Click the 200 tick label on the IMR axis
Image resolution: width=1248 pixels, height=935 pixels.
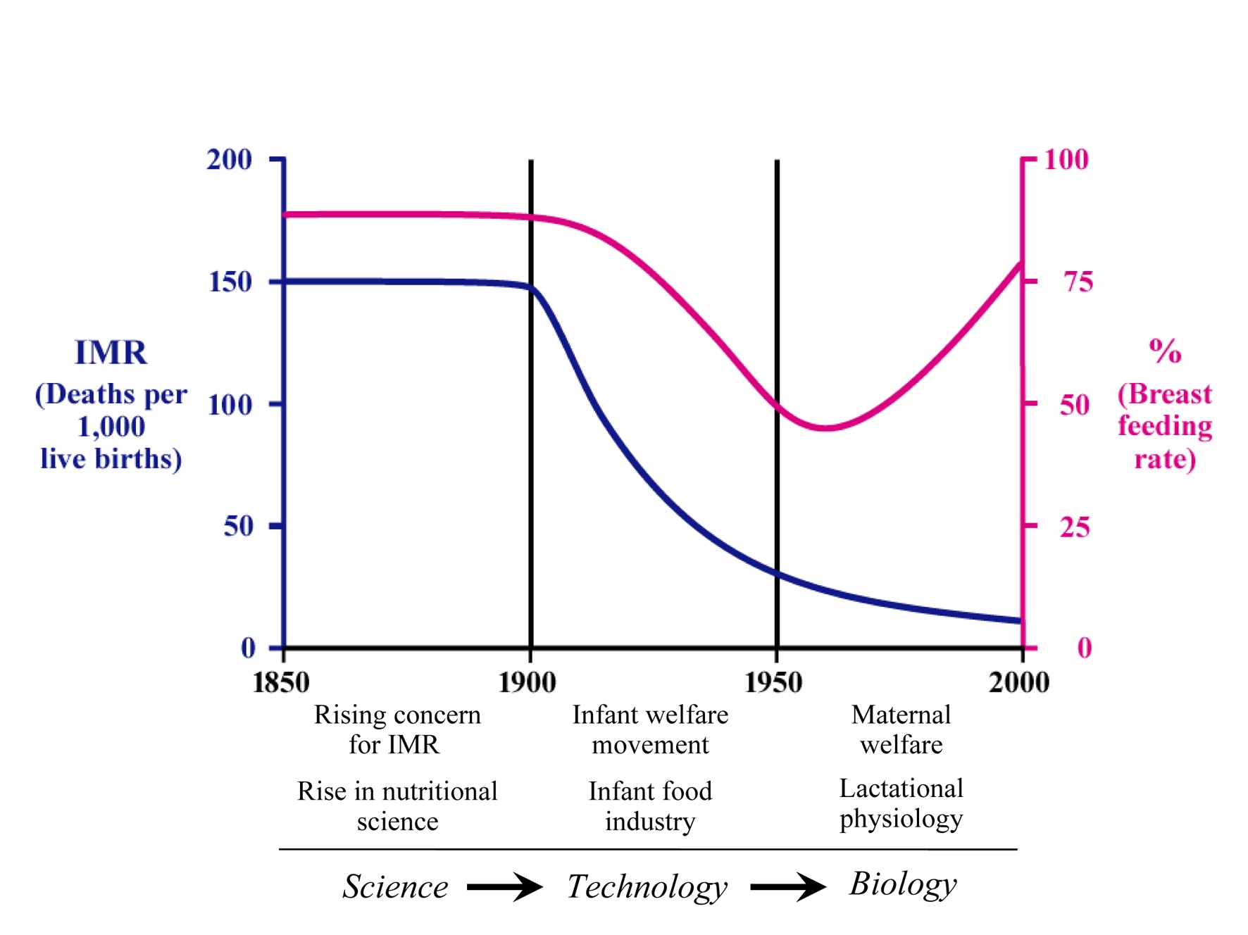point(229,160)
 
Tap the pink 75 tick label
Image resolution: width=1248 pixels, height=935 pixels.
point(1078,282)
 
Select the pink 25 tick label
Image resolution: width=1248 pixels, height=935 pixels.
point(1075,527)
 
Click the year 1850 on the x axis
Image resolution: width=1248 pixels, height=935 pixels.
point(281,682)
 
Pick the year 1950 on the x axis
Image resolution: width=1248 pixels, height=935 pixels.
point(773,682)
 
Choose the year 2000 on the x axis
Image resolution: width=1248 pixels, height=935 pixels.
point(1018,682)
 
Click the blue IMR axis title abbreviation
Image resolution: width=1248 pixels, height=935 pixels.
point(111,353)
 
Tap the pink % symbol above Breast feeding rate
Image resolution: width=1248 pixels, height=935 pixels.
point(1165,350)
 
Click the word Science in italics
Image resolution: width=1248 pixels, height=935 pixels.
point(395,886)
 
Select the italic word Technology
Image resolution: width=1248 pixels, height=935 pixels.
point(647,886)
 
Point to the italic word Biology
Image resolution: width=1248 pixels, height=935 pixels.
point(903,884)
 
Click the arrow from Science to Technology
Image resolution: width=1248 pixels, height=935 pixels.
point(504,886)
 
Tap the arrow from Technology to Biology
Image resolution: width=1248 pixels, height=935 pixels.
point(787,886)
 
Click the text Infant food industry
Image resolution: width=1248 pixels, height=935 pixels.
point(650,806)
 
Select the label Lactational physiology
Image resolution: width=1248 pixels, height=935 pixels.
point(901,803)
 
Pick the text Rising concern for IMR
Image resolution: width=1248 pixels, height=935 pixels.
point(397,729)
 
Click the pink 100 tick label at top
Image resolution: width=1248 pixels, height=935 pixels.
point(1066,160)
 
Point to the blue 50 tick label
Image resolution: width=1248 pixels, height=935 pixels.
point(239,527)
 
